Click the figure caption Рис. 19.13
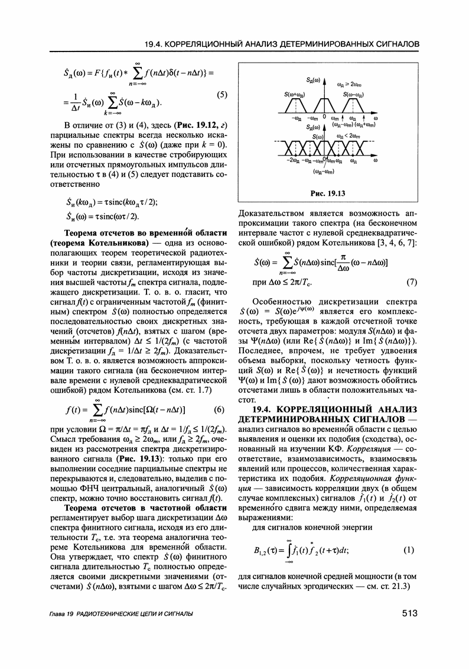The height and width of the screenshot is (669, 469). click(327, 193)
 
